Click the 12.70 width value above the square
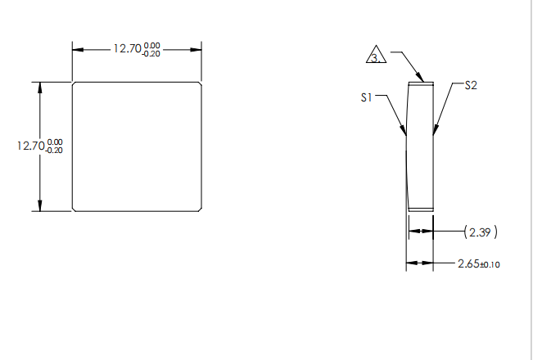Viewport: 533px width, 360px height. click(x=127, y=49)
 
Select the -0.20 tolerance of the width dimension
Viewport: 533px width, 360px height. click(x=152, y=53)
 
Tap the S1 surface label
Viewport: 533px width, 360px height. click(x=367, y=97)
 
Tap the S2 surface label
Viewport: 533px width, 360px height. click(x=471, y=85)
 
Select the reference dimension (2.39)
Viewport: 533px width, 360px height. click(x=481, y=232)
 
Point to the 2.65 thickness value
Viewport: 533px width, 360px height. click(x=469, y=263)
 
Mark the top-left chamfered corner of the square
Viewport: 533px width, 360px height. click(x=75, y=83)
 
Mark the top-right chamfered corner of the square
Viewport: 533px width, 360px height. click(x=201, y=83)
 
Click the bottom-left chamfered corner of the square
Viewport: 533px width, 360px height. click(x=75, y=209)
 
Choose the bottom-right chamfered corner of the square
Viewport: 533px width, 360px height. click(x=201, y=209)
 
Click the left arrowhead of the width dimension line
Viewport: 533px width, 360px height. click(x=78, y=49)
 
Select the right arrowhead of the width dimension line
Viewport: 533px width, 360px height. click(x=196, y=49)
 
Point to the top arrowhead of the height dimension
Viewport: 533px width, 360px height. click(x=39, y=87)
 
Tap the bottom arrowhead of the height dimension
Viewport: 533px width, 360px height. click(x=39, y=206)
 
